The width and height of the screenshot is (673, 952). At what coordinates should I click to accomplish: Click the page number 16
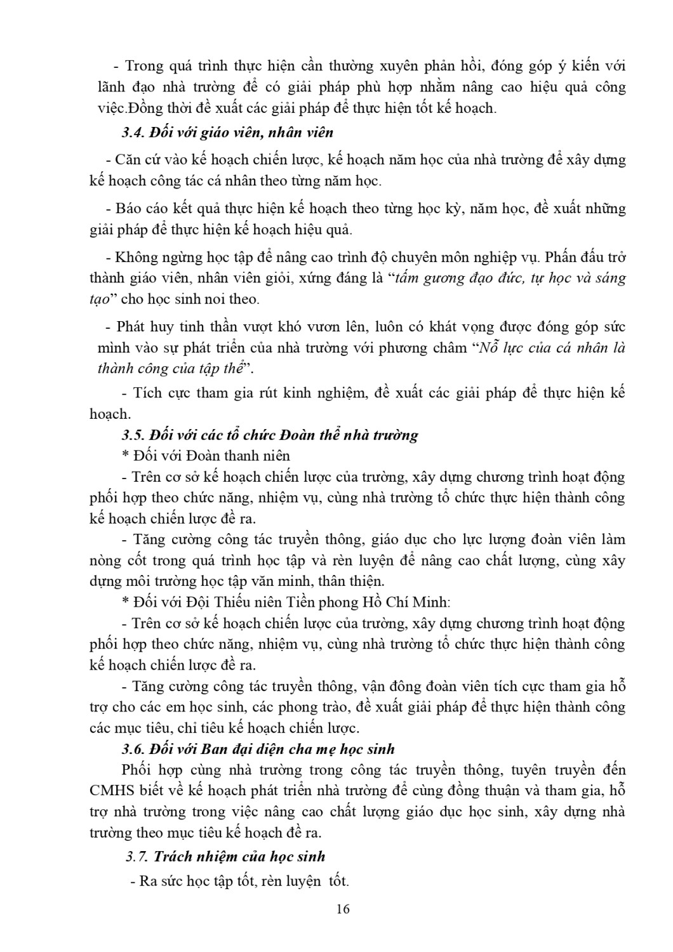coord(343,909)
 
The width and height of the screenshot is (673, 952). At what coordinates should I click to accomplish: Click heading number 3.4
coord(133,133)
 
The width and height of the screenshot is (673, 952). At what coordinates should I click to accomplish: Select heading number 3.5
coord(133,435)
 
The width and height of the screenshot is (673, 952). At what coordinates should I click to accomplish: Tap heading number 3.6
coord(133,749)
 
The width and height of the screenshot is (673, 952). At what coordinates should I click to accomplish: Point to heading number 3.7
coord(137,856)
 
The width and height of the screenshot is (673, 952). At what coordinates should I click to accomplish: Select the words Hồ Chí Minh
coord(411,602)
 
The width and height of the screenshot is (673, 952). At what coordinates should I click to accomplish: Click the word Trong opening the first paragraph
coord(145,66)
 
